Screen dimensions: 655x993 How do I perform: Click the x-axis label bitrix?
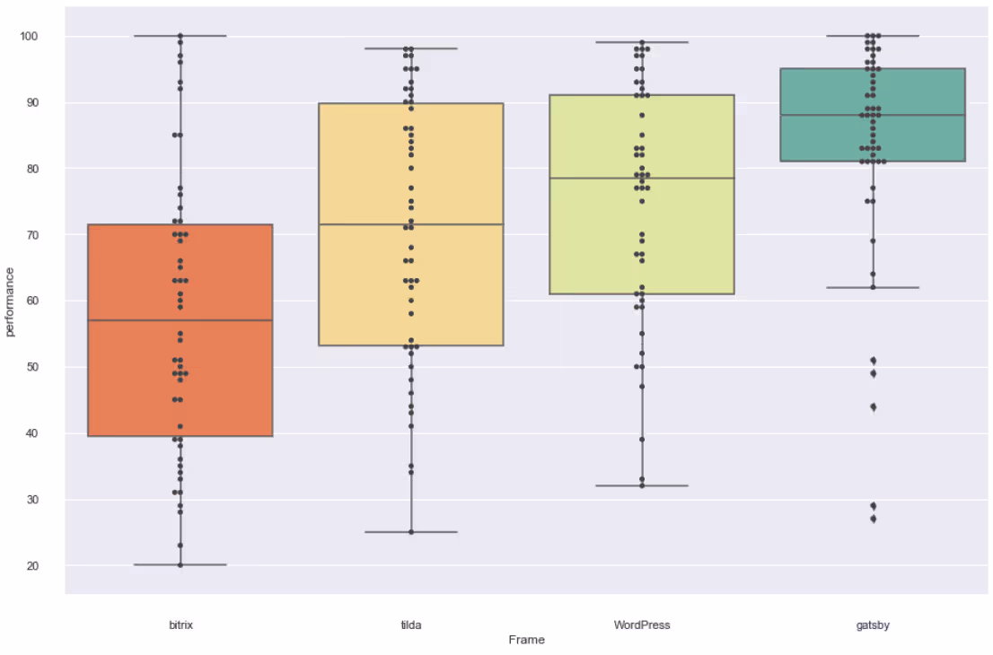point(180,625)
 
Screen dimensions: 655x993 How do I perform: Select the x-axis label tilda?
point(411,625)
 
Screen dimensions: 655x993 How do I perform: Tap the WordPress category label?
point(642,625)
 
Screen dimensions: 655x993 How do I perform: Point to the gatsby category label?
point(873,625)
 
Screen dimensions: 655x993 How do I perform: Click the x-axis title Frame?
point(526,641)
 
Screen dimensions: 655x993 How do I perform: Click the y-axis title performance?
point(11,301)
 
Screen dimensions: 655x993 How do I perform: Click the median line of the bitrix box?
point(180,320)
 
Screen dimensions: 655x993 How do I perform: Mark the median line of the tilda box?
point(411,224)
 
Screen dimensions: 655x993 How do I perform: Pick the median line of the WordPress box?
point(642,178)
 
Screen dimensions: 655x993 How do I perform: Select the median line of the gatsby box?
point(873,115)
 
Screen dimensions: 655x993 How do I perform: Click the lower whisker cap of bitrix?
point(180,564)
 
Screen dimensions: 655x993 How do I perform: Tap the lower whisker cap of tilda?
point(411,532)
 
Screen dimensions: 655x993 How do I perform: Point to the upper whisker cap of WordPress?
point(642,42)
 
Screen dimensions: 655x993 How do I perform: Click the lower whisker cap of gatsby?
point(873,287)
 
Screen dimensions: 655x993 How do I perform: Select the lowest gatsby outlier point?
point(873,519)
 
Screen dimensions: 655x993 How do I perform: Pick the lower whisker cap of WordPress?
point(642,485)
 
